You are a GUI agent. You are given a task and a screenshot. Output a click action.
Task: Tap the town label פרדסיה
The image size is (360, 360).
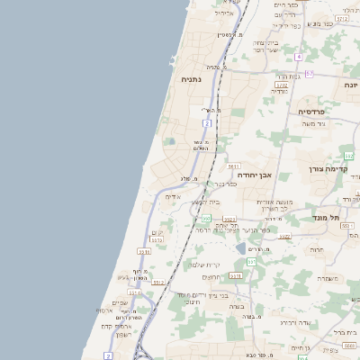[x=316, y=111]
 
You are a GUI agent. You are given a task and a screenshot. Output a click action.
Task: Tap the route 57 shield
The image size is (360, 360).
[x=309, y=73]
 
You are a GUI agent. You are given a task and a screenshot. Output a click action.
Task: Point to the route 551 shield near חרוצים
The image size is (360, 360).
[x=251, y=262]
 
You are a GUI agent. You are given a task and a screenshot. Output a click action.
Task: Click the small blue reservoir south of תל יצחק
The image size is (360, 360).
[x=240, y=247]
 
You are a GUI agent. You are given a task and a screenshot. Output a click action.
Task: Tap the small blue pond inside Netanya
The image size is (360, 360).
[x=171, y=141]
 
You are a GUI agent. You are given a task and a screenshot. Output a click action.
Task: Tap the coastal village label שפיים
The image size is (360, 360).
[x=119, y=302]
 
